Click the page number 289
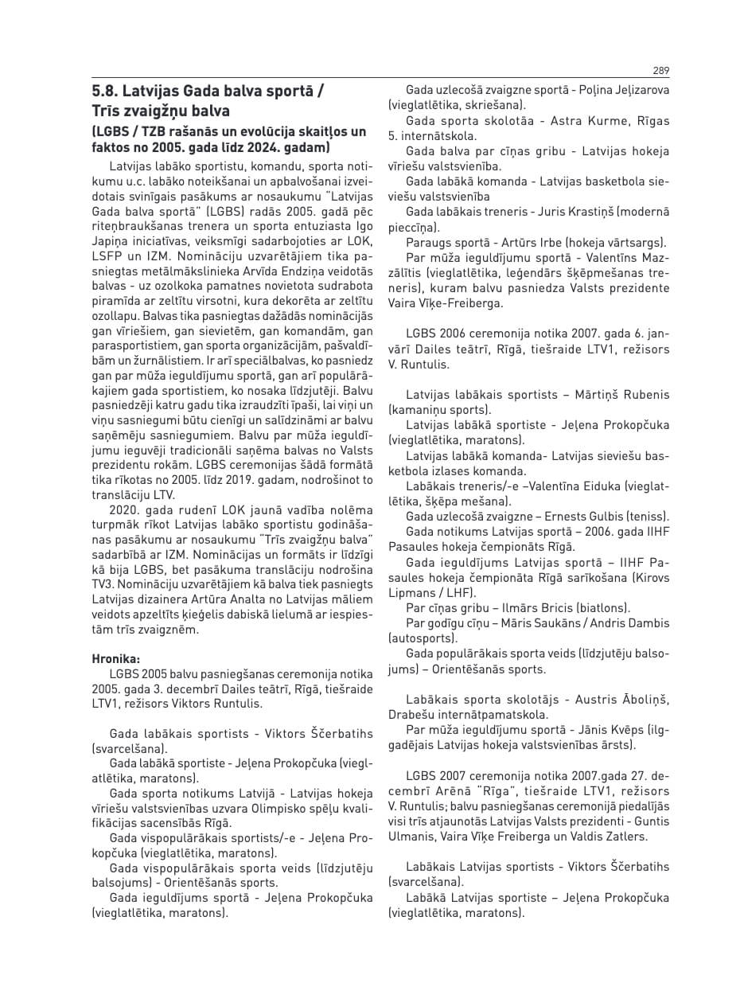(x=660, y=70)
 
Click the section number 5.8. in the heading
(x=105, y=90)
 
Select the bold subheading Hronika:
(x=116, y=658)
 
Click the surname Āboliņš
(x=640, y=699)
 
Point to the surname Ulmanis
(x=411, y=837)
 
